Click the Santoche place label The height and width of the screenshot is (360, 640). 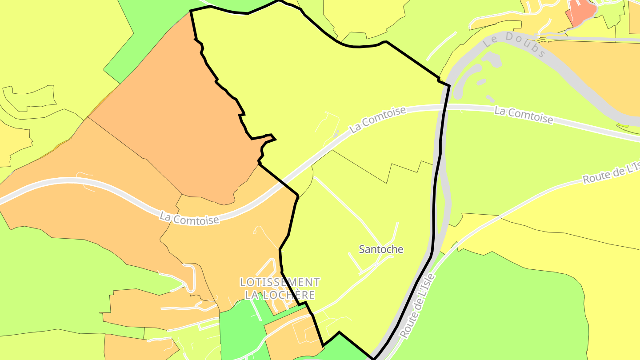[x=381, y=249]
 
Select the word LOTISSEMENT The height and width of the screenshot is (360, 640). [x=280, y=282]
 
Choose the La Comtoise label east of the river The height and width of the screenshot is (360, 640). [x=524, y=116]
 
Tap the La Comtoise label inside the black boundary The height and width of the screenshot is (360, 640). [x=378, y=119]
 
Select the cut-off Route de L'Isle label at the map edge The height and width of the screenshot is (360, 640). [x=612, y=172]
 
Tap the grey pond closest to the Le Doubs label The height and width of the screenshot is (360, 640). [x=492, y=59]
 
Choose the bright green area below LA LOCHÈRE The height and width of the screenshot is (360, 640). [x=240, y=329]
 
